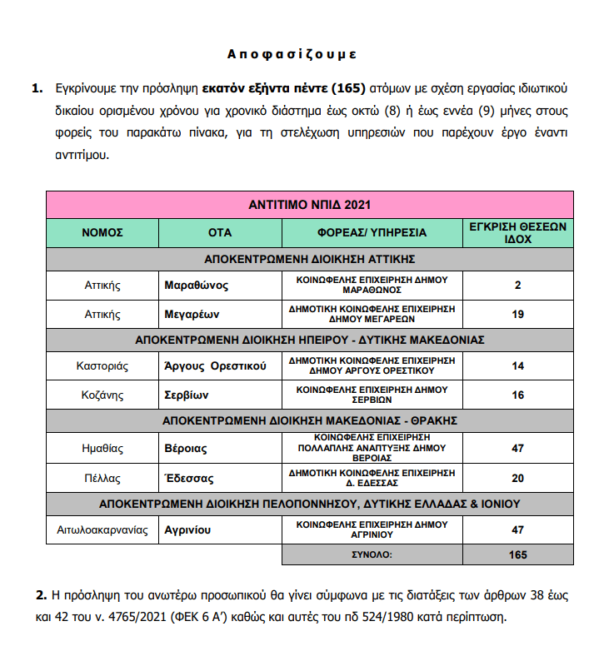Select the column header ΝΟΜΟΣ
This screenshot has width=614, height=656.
[102, 232]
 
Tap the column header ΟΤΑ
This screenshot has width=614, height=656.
[219, 232]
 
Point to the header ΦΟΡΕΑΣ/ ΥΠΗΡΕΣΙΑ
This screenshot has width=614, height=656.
[372, 232]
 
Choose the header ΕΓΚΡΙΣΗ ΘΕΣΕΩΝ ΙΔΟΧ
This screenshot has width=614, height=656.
[517, 232]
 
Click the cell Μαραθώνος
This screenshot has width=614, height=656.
[197, 286]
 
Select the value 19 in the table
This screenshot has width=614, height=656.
[517, 315]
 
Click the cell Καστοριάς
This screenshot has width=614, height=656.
[102, 365]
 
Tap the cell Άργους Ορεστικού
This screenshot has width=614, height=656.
[215, 365]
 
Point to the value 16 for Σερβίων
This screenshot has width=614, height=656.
[517, 394]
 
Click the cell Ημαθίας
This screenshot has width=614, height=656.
[102, 448]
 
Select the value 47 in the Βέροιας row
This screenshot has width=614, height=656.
[517, 448]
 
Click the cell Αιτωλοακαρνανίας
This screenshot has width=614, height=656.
[102, 529]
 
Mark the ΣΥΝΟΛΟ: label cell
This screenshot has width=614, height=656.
[372, 554]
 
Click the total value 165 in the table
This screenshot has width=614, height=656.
[517, 554]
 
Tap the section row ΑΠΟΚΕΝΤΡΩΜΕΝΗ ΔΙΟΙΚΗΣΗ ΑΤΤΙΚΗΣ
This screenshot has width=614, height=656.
[309, 258]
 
